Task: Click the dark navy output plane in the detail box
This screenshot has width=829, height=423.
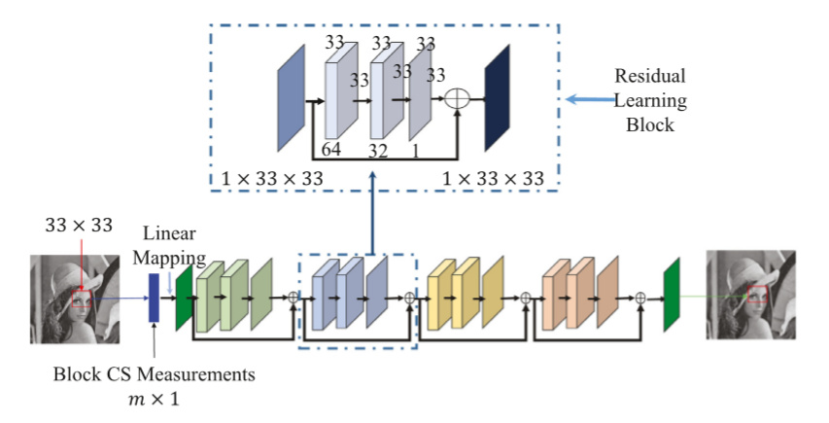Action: pyautogui.click(x=497, y=97)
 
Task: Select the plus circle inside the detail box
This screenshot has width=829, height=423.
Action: pyautogui.click(x=457, y=99)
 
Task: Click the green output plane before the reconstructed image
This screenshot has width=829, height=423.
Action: pyautogui.click(x=671, y=294)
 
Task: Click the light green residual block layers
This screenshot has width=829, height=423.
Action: pyautogui.click(x=233, y=296)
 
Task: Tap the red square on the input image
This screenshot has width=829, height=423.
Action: pyautogui.click(x=82, y=296)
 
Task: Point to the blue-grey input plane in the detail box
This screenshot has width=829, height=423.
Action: pyautogui.click(x=292, y=97)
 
